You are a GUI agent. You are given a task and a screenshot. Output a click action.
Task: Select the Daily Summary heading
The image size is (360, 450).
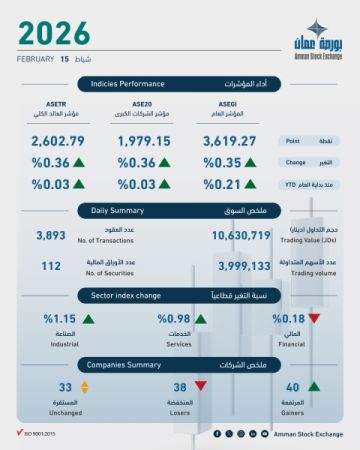pos(119,211)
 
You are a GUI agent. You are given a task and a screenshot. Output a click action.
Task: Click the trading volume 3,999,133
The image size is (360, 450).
pos(243,267)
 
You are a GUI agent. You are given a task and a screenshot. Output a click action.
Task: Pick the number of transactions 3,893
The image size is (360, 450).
pos(50,235)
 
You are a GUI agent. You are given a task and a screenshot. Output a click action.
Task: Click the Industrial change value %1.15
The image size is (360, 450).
pos(59,318)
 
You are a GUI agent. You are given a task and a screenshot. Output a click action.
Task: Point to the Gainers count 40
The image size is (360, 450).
pos(292,387)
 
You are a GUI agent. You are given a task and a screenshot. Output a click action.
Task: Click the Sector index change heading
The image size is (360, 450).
pos(127,296)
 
